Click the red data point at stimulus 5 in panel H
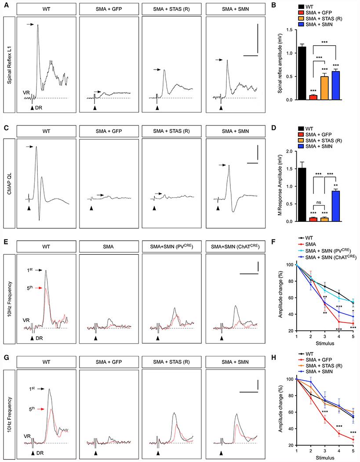click(353, 439)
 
